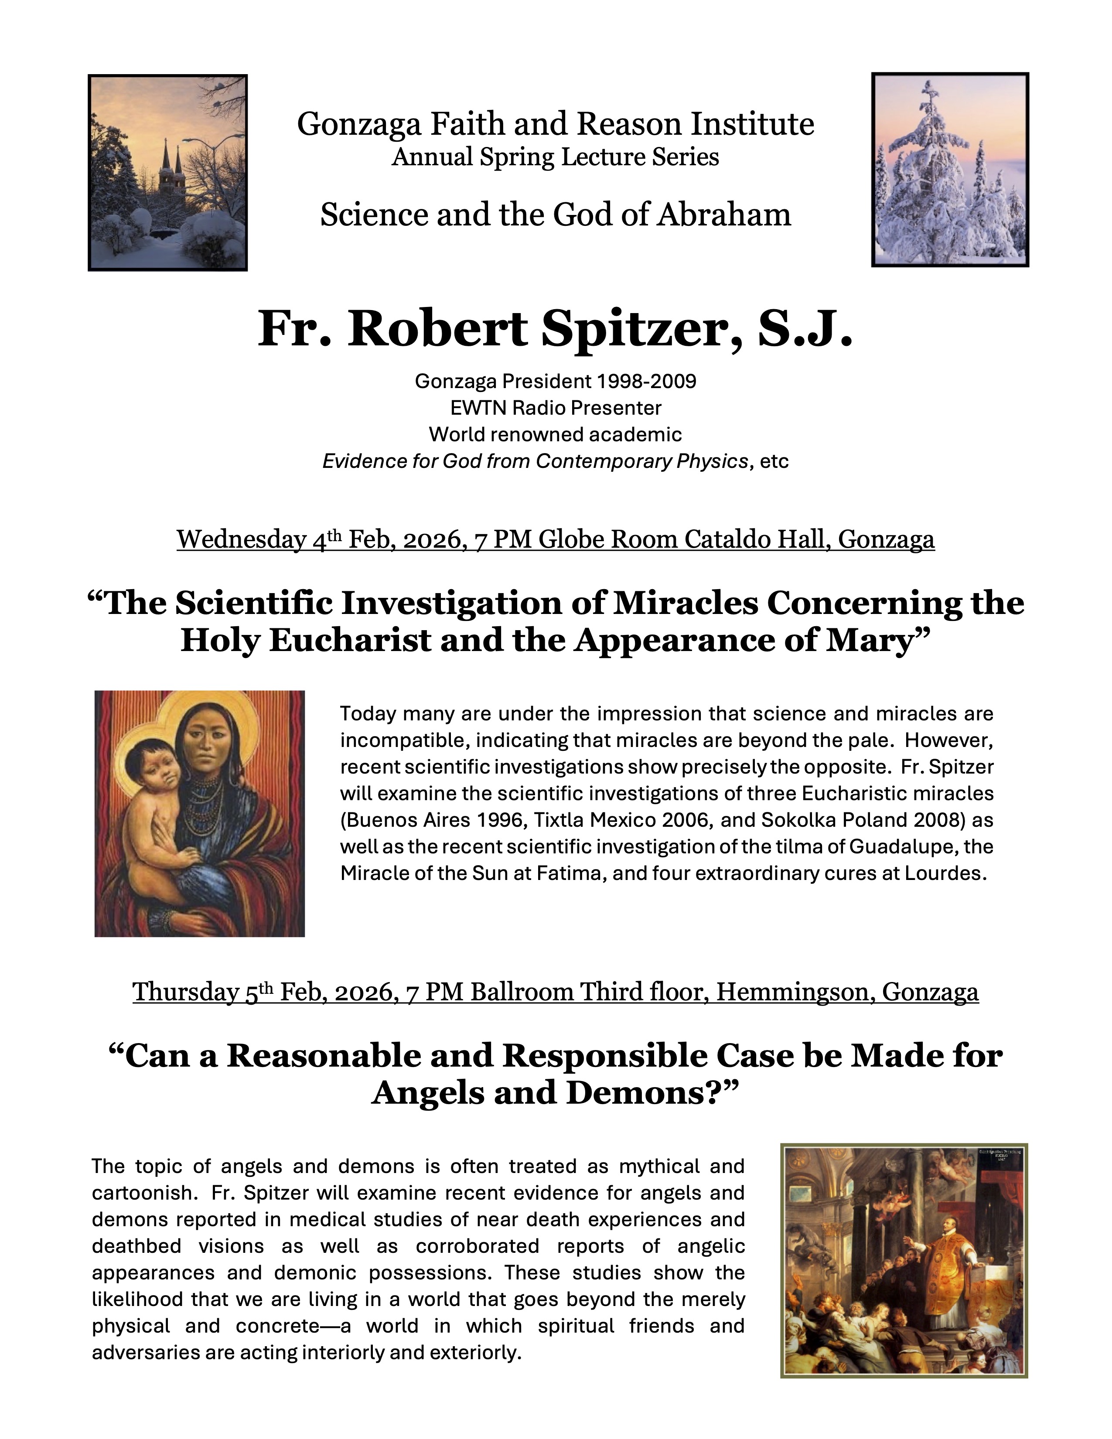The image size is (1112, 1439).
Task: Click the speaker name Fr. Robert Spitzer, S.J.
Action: coord(555,329)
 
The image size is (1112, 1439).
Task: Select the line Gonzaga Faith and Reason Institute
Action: coord(555,124)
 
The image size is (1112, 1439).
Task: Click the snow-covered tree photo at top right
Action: coord(950,170)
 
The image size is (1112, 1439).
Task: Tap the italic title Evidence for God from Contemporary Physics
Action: coord(535,461)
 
